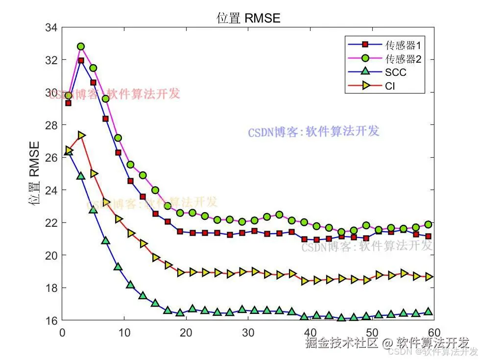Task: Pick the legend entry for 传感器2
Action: (403, 59)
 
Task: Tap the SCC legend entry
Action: (396, 73)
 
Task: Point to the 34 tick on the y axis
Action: (51, 27)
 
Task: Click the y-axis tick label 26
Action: (51, 158)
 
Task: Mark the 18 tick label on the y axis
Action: (51, 288)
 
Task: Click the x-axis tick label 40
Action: (310, 331)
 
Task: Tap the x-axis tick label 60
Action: (434, 331)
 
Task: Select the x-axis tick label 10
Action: (124, 331)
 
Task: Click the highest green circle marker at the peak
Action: (81, 47)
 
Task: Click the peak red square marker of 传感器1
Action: (81, 61)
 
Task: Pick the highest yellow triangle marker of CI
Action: (81, 135)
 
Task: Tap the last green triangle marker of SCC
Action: (428, 312)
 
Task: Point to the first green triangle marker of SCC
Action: (69, 152)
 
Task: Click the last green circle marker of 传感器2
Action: (428, 224)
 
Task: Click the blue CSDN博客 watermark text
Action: (313, 132)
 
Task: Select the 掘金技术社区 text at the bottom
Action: (342, 342)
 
